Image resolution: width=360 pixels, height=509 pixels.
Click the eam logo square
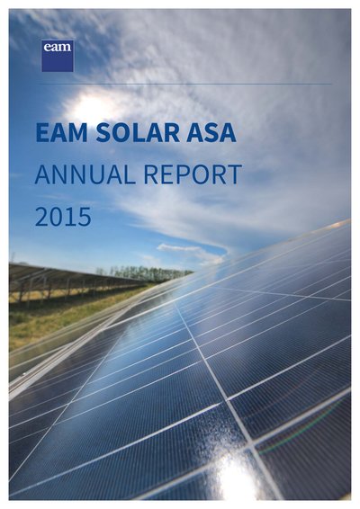[x=58, y=56]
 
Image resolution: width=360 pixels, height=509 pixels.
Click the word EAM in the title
[x=62, y=133]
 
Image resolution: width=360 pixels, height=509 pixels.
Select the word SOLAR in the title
[x=138, y=133]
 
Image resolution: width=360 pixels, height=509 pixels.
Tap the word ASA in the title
[x=211, y=133]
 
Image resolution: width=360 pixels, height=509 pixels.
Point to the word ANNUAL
[x=85, y=174]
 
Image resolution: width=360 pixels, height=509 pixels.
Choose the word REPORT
[x=193, y=174]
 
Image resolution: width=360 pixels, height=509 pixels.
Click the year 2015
[x=63, y=217]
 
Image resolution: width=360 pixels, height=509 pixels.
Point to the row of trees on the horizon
[x=146, y=273]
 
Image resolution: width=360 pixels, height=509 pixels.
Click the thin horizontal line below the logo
[x=185, y=84]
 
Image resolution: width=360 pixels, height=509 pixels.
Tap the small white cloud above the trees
[x=192, y=252]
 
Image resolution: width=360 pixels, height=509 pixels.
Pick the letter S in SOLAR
[x=103, y=133]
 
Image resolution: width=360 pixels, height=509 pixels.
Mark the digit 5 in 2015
[x=85, y=217]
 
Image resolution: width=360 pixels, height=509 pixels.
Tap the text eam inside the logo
[x=58, y=47]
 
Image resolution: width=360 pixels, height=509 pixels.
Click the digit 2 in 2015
[x=41, y=217]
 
